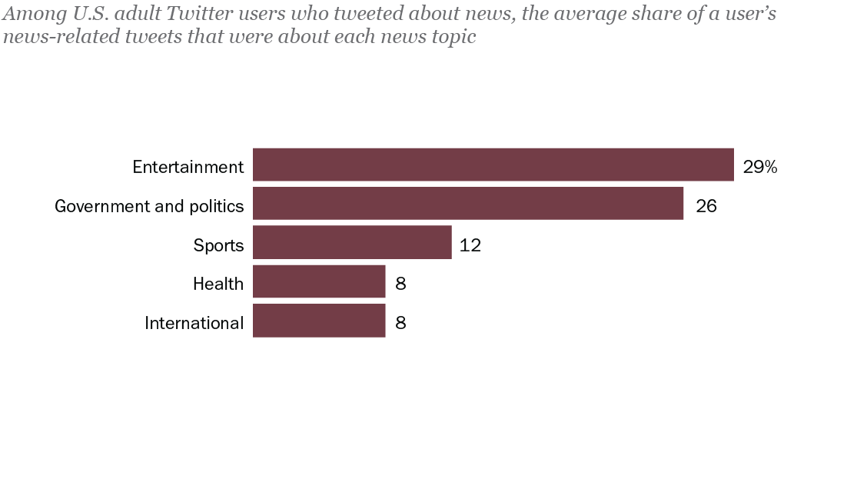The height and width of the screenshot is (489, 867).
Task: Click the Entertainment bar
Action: (493, 165)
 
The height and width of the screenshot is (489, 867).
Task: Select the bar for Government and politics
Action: (467, 204)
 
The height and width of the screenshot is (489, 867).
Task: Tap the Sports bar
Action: (351, 242)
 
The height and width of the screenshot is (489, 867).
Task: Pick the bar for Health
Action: (318, 281)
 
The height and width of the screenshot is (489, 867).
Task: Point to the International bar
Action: (318, 321)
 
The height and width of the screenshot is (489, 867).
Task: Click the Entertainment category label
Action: (188, 167)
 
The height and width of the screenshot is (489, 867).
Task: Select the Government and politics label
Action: (149, 206)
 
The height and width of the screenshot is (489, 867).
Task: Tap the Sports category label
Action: (218, 246)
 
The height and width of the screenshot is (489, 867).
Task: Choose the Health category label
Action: (218, 284)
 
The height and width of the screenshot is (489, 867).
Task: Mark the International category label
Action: (194, 323)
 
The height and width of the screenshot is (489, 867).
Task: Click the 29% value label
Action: (760, 167)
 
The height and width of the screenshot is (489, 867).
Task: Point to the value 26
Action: (706, 206)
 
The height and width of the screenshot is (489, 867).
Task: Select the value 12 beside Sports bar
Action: (470, 245)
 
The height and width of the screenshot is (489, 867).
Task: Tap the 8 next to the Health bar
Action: (400, 284)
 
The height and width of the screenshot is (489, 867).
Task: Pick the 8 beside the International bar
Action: (400, 323)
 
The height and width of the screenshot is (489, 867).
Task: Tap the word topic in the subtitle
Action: (453, 38)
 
